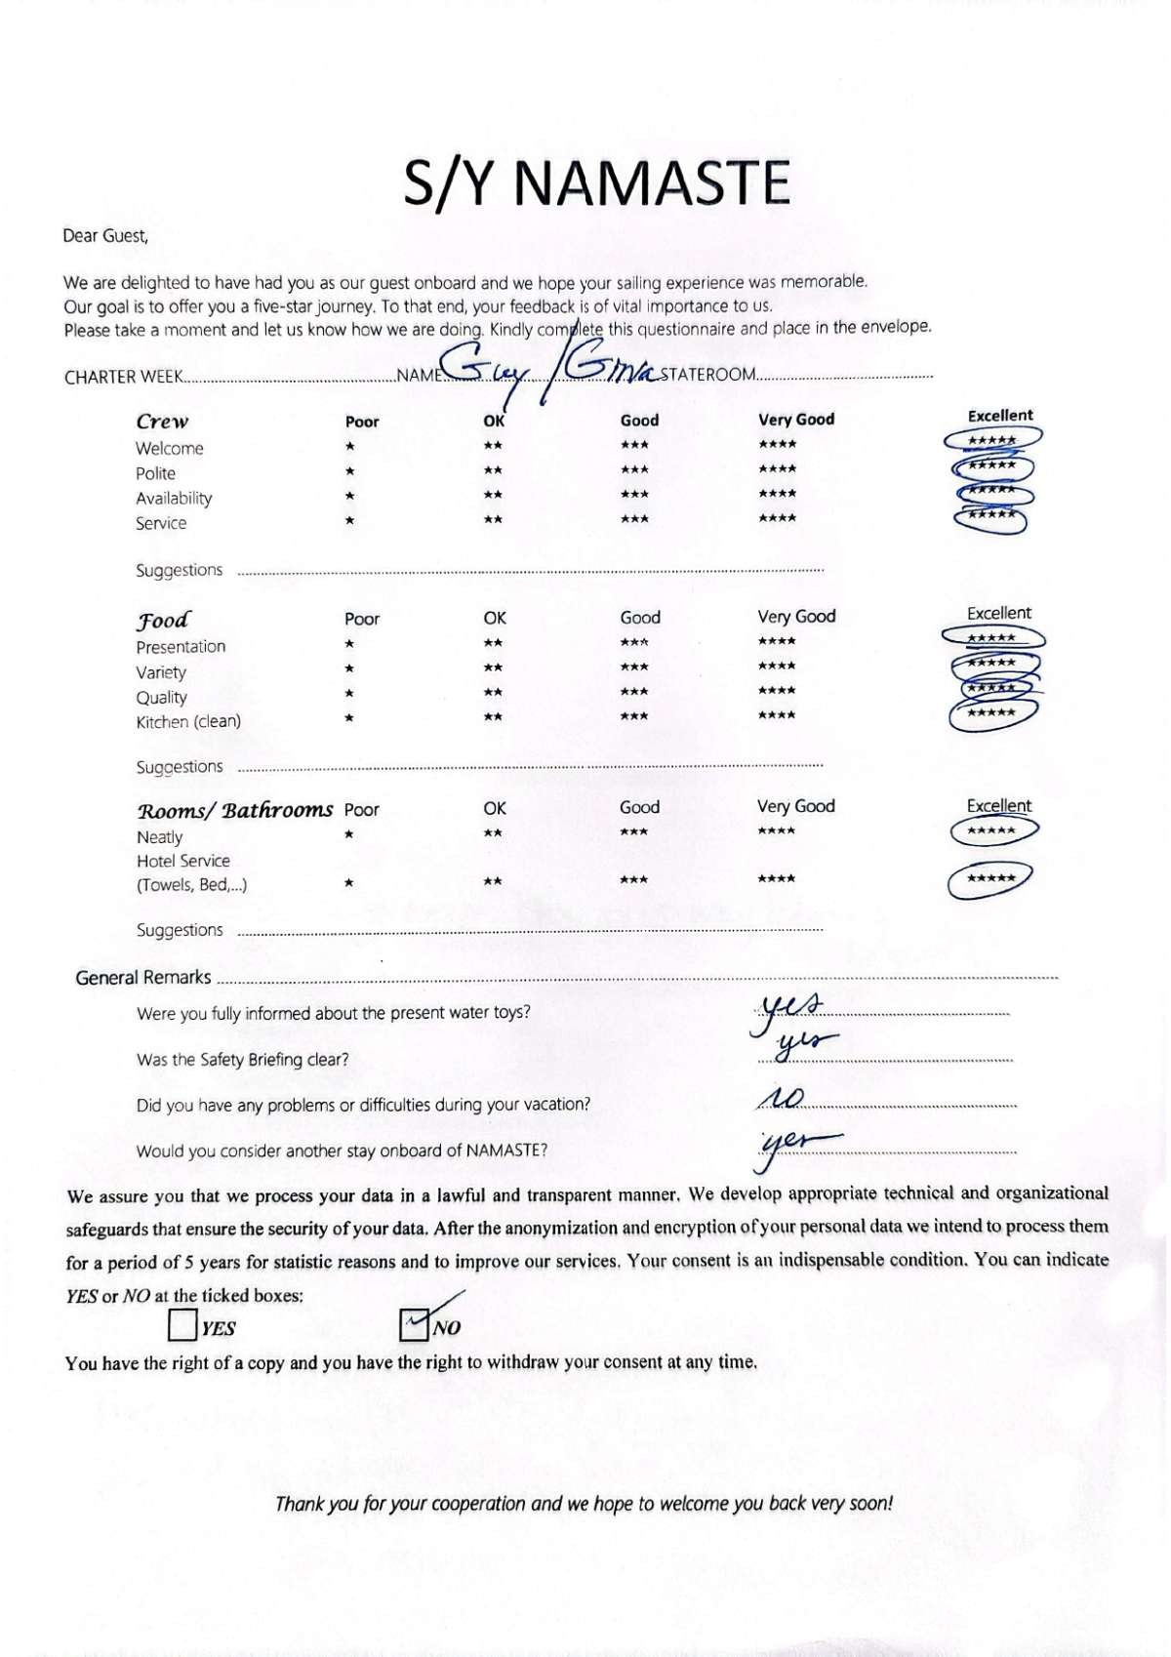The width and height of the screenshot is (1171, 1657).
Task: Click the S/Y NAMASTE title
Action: pyautogui.click(x=596, y=182)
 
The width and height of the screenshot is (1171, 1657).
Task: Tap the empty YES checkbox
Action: pyautogui.click(x=182, y=1326)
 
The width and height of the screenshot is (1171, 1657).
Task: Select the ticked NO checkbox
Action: pyautogui.click(x=415, y=1325)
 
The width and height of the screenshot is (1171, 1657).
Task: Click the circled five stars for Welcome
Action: pyautogui.click(x=992, y=440)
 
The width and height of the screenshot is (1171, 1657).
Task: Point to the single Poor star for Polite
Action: pyautogui.click(x=349, y=471)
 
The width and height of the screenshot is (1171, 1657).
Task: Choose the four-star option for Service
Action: pyautogui.click(x=777, y=518)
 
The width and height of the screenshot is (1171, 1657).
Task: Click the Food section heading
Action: pyautogui.click(x=163, y=620)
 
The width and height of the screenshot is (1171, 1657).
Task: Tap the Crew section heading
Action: pyautogui.click(x=162, y=422)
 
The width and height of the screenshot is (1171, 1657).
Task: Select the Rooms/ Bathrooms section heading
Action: pyautogui.click(x=235, y=810)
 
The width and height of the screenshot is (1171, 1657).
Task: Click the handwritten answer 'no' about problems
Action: pyautogui.click(x=781, y=1100)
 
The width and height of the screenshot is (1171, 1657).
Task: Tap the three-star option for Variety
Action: pyautogui.click(x=634, y=667)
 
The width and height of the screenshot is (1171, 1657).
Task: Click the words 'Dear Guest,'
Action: pyautogui.click(x=105, y=235)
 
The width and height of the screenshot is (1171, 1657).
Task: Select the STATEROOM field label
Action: pyautogui.click(x=707, y=375)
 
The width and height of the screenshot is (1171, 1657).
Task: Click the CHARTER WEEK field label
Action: pyautogui.click(x=123, y=378)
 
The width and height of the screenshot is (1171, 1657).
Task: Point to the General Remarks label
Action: pyautogui.click(x=142, y=978)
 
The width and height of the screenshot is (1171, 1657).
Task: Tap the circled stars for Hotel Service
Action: pyautogui.click(x=990, y=878)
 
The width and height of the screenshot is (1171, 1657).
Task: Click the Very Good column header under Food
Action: pyautogui.click(x=796, y=617)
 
